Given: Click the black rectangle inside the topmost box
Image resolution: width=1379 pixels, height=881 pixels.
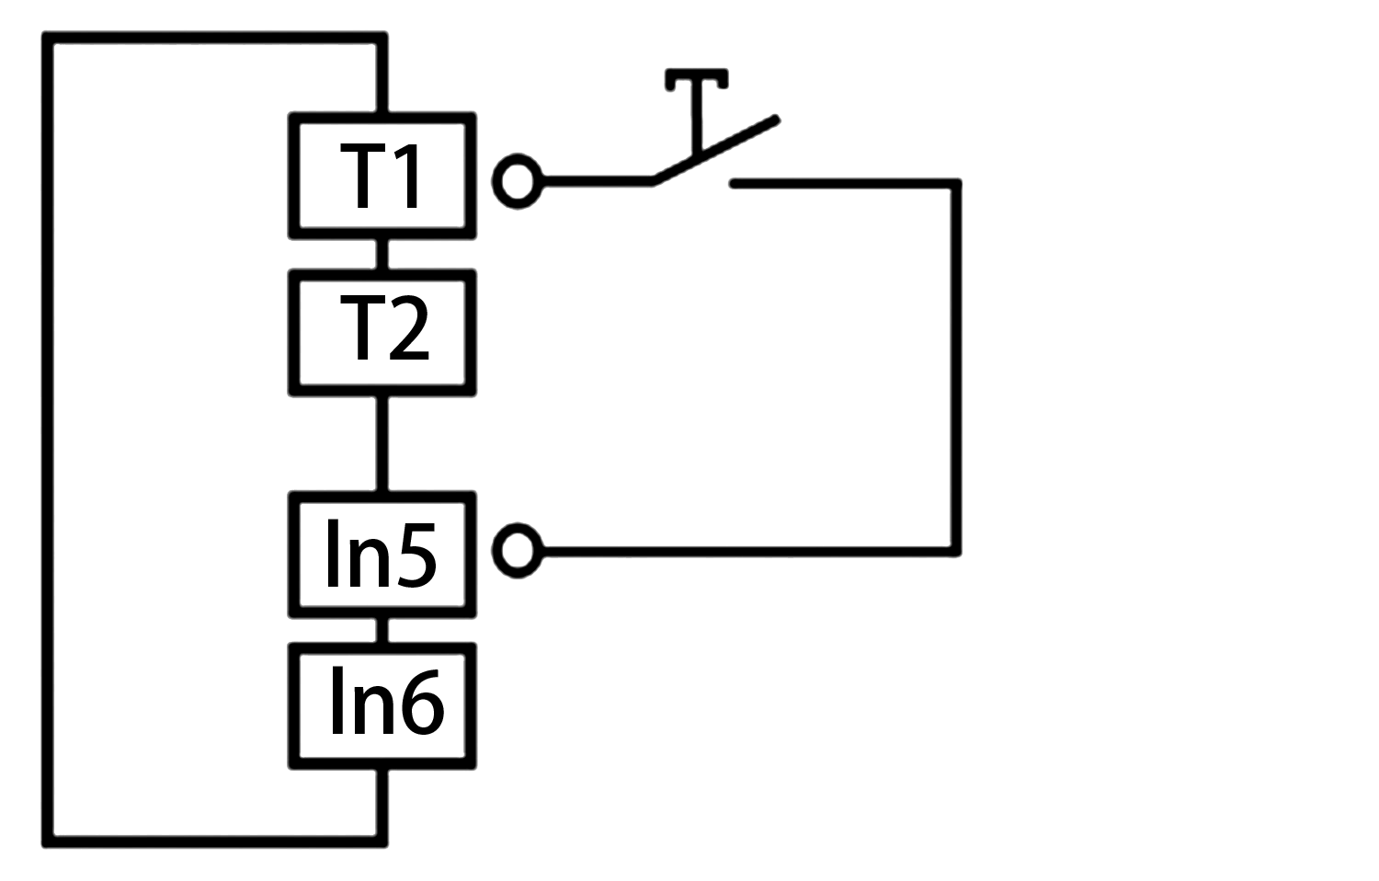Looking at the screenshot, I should click(379, 175).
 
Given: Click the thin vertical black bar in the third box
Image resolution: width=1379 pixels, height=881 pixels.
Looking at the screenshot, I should click(333, 552).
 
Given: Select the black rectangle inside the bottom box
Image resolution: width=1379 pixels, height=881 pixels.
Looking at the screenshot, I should click(388, 700).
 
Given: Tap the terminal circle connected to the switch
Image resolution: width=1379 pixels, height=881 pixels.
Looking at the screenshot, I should click(518, 180).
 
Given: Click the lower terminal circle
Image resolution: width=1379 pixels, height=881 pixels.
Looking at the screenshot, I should click(518, 551).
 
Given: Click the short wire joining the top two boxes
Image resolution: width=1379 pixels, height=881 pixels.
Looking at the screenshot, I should click(382, 254).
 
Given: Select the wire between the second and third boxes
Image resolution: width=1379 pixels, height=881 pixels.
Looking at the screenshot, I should click(382, 443).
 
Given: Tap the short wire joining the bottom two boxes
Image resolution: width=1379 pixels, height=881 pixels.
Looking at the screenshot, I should click(382, 630).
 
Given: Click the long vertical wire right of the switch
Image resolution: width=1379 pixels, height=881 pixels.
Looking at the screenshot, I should click(956, 368).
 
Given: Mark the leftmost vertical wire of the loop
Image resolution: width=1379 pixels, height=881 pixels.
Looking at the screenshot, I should click(48, 441).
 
